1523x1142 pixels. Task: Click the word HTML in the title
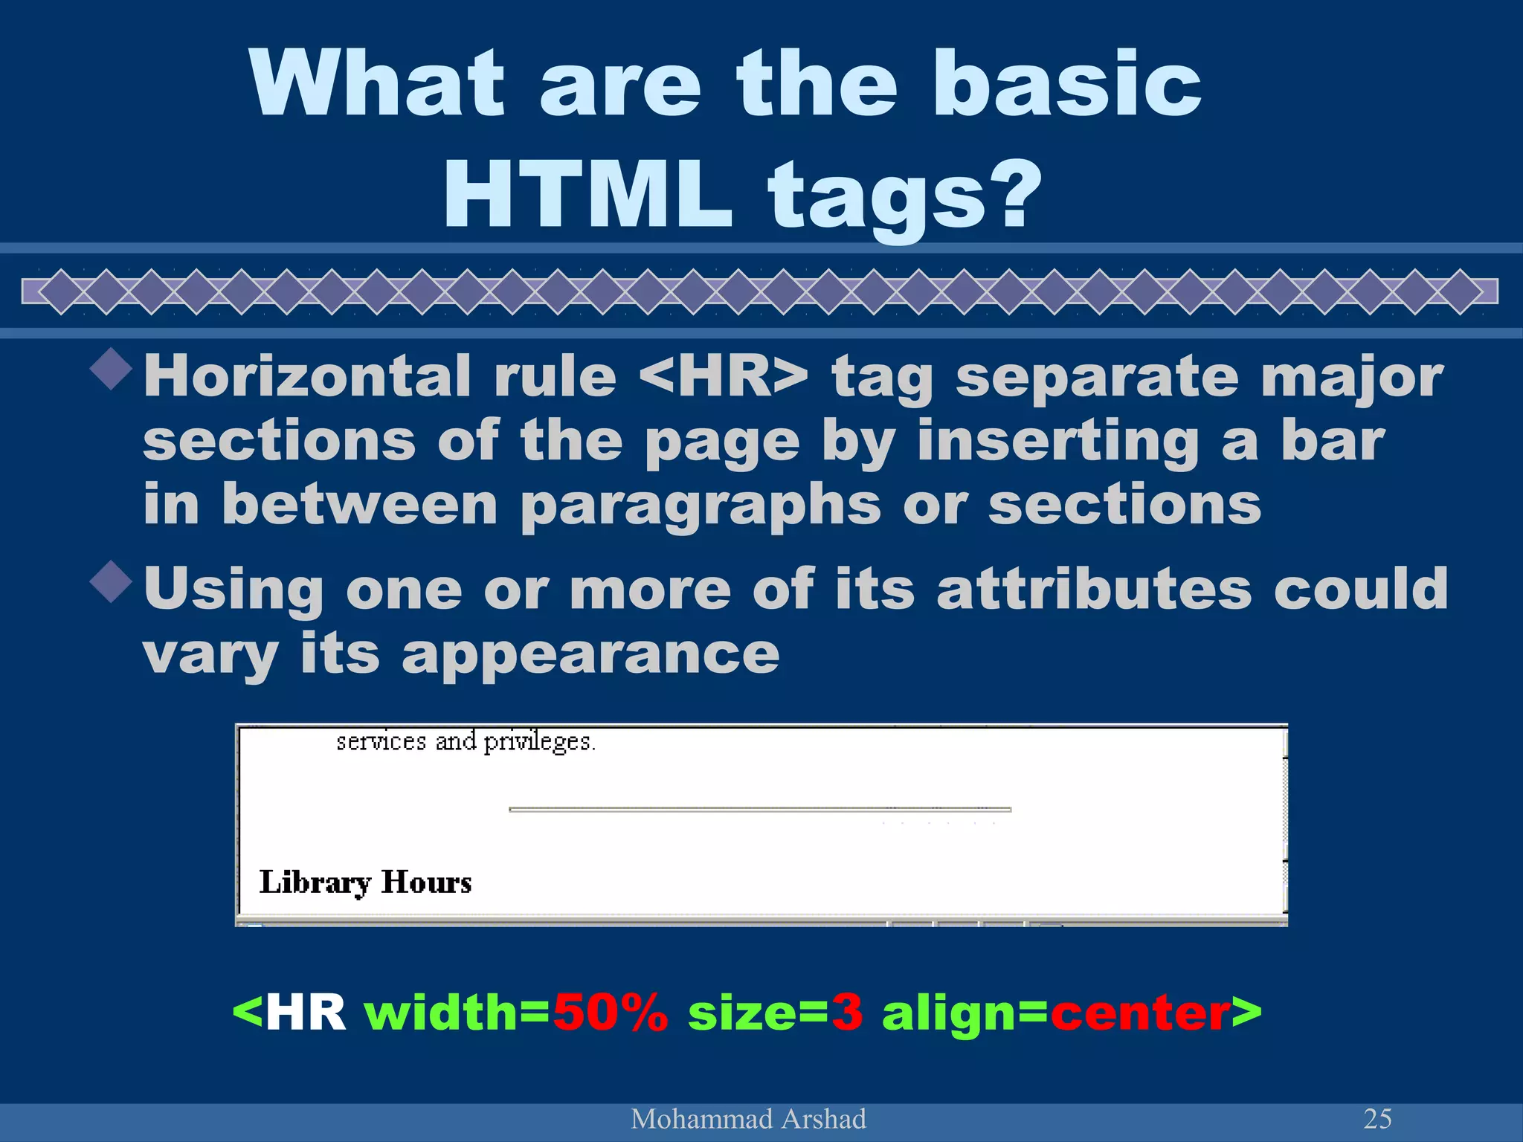pyautogui.click(x=587, y=195)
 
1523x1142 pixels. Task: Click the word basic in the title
pyautogui.click(x=1066, y=83)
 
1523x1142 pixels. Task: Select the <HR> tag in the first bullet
pyautogui.click(x=723, y=376)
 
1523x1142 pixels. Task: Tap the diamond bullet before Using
pyautogui.click(x=112, y=582)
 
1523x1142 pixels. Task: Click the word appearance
pyautogui.click(x=590, y=654)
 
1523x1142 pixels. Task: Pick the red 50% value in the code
pyautogui.click(x=610, y=1013)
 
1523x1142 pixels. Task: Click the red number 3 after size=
pyautogui.click(x=847, y=1013)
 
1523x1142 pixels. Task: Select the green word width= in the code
pyautogui.click(x=457, y=1013)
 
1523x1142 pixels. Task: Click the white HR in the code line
pyautogui.click(x=306, y=1013)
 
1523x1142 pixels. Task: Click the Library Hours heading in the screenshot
pyautogui.click(x=365, y=883)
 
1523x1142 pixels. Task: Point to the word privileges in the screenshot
pyautogui.click(x=538, y=742)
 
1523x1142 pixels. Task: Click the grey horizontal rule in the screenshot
pyautogui.click(x=759, y=809)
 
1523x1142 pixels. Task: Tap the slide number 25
pyautogui.click(x=1377, y=1118)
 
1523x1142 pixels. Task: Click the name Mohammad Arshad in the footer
pyautogui.click(x=748, y=1119)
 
